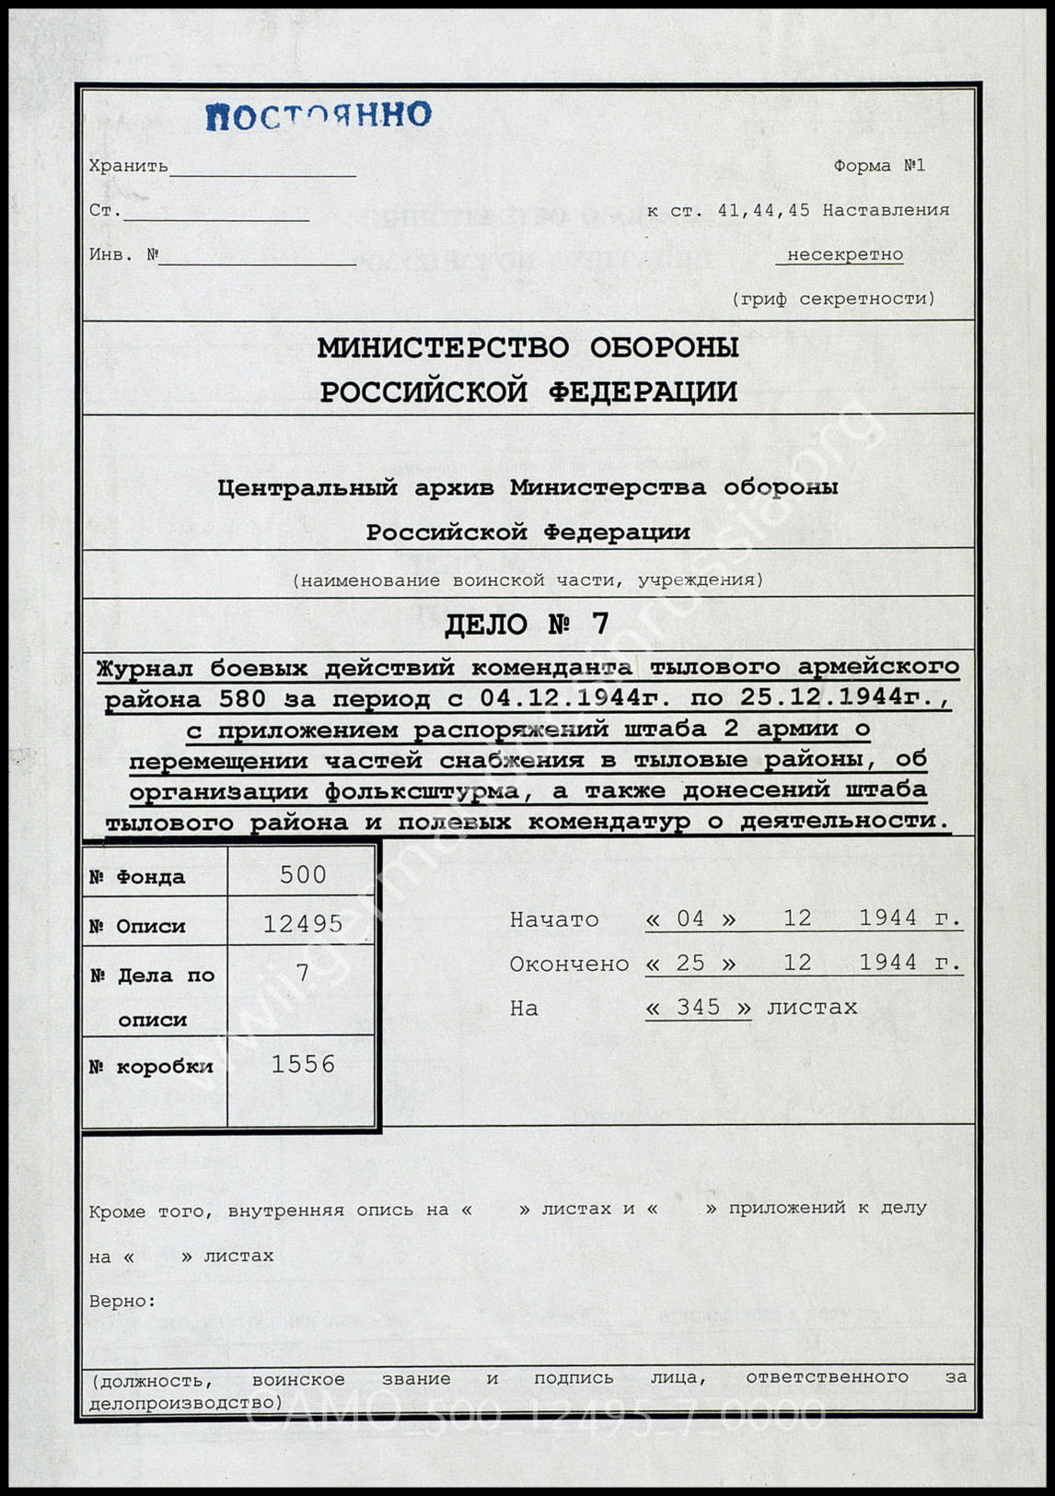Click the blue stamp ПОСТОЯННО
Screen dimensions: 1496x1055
[x=318, y=115]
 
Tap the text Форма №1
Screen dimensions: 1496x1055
[x=878, y=166]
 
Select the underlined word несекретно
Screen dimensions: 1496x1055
[x=844, y=254]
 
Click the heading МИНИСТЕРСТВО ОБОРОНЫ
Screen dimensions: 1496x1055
[x=527, y=347]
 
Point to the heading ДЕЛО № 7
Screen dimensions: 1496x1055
[x=527, y=625]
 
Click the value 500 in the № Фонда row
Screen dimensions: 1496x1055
[x=303, y=874]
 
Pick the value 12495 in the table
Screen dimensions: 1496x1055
[x=303, y=923]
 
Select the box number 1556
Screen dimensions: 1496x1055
[x=303, y=1065]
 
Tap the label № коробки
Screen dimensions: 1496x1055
[x=151, y=1067]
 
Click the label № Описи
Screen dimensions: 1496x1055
[x=137, y=926]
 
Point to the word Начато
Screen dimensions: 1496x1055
[x=554, y=919]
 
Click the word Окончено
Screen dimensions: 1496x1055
[x=569, y=964]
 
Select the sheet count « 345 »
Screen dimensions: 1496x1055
[x=698, y=1008]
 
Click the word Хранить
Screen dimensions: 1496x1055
[x=128, y=166]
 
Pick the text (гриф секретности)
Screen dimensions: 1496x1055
[x=833, y=298]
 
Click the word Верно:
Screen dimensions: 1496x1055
[x=122, y=1301]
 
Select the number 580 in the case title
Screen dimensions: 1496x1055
[x=242, y=698]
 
